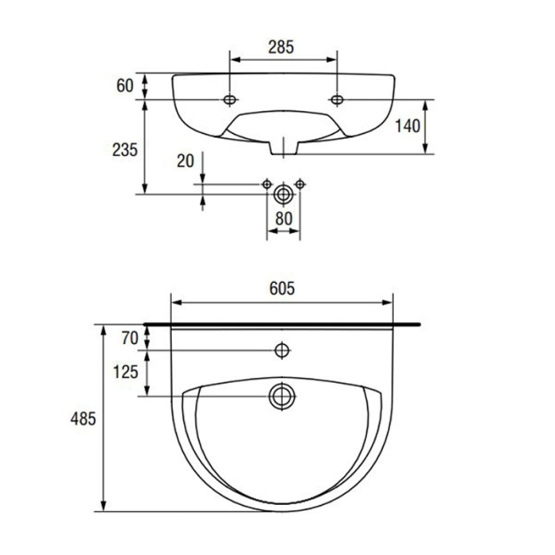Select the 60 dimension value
(x=124, y=86)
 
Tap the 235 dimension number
(x=126, y=147)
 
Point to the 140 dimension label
(x=407, y=126)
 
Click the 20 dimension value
(x=185, y=160)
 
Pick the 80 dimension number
(x=283, y=217)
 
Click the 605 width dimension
(x=281, y=289)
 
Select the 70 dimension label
(x=129, y=338)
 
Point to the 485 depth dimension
(x=82, y=418)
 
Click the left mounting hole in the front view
(x=230, y=100)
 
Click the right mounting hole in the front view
(x=337, y=100)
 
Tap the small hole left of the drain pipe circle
(x=267, y=183)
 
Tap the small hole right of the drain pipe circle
(x=300, y=183)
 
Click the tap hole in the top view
(x=281, y=350)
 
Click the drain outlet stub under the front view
(x=283, y=147)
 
